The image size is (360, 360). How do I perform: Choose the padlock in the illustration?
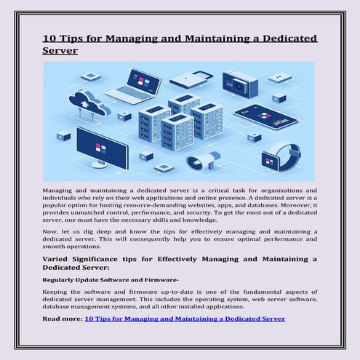193,79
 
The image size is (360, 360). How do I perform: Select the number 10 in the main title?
51,39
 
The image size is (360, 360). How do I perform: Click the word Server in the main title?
60,52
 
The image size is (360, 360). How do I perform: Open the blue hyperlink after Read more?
185,319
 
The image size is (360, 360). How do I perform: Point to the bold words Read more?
63,319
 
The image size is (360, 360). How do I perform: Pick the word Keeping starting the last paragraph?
60,292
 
